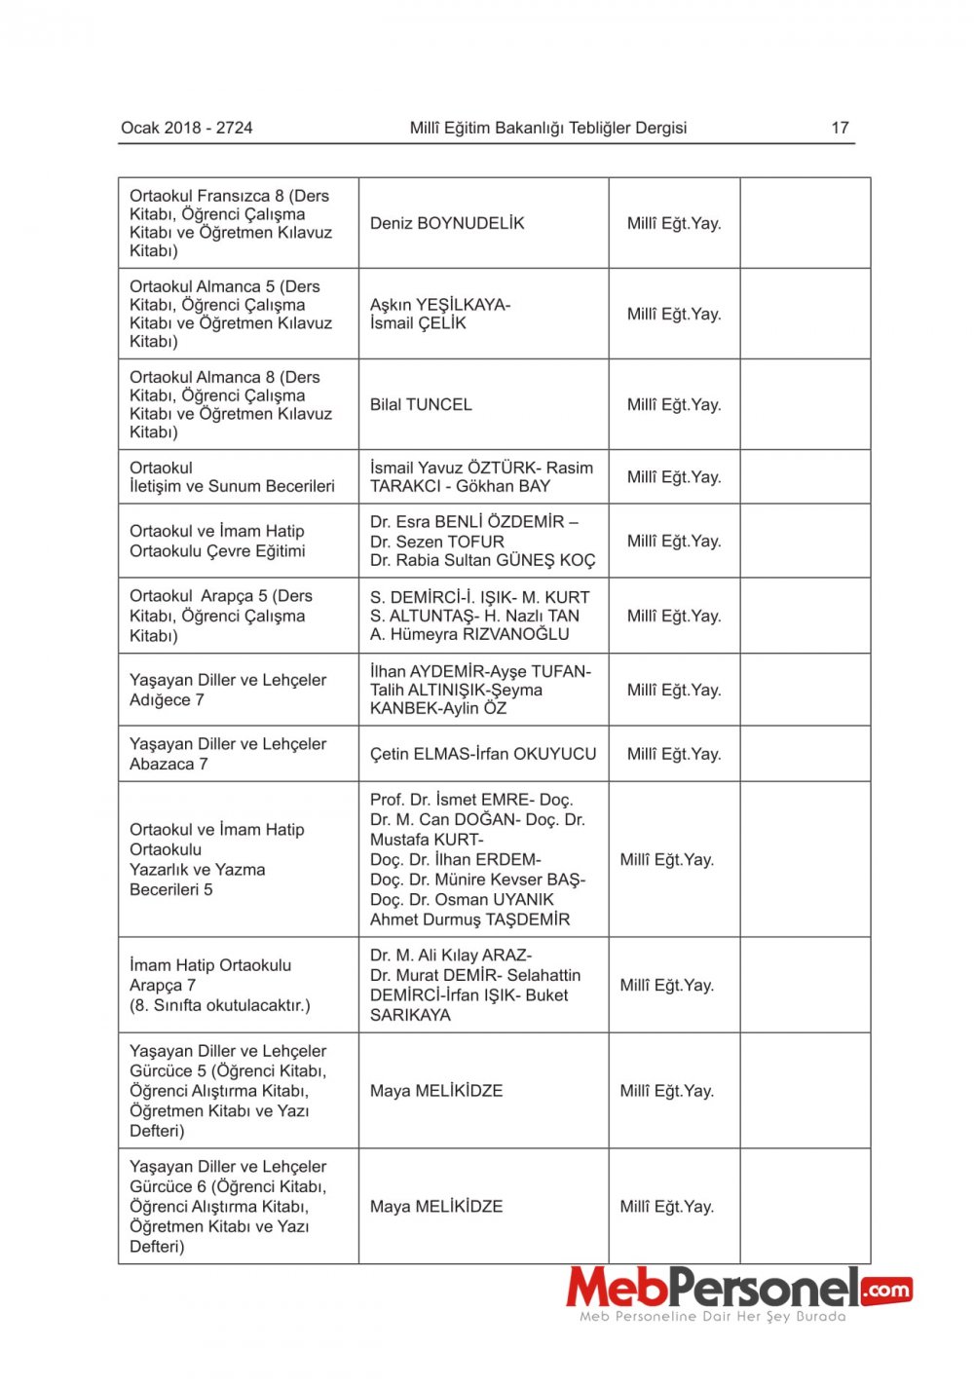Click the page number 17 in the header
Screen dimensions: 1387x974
point(840,128)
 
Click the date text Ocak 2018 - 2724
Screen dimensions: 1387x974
point(186,128)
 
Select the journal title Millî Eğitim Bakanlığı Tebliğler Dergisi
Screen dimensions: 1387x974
point(547,128)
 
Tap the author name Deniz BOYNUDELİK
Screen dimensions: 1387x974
point(447,223)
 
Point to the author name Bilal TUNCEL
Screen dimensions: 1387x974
point(421,404)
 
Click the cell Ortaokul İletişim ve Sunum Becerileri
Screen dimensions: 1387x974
point(232,476)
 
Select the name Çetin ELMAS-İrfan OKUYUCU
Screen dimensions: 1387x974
point(483,754)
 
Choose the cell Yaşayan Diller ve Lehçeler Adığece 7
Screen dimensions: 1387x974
point(228,690)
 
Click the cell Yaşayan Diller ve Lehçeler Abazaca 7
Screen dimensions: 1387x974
point(228,754)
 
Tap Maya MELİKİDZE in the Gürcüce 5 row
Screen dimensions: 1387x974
point(436,1091)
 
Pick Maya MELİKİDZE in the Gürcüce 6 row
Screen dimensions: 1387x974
point(436,1206)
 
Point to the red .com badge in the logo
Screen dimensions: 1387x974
point(886,1291)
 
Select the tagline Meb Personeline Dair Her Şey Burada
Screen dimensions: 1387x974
point(713,1317)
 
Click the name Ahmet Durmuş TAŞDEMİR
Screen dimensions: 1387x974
point(469,919)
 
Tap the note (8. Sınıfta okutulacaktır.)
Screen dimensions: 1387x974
point(220,1005)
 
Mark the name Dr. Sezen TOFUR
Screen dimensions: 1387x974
point(437,542)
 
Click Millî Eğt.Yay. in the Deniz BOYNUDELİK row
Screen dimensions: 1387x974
point(674,223)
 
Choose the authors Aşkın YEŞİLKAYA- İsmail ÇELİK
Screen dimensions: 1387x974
point(440,314)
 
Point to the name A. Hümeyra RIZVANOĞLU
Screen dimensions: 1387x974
point(469,634)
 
